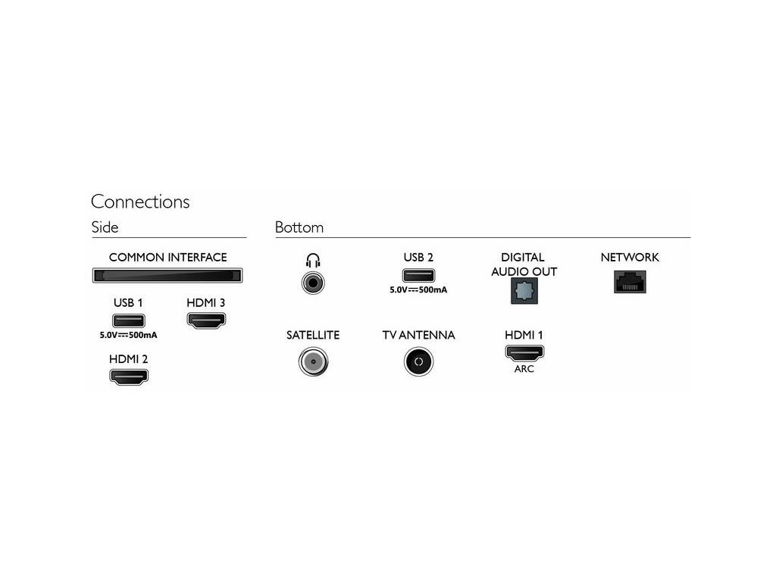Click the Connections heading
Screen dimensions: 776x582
click(x=140, y=202)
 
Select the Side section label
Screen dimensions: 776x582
click(x=105, y=227)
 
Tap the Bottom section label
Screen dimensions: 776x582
click(x=299, y=227)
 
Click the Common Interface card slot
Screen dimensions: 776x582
click(x=167, y=277)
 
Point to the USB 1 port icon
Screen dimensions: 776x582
click(x=128, y=321)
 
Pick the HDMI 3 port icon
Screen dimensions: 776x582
click(x=205, y=321)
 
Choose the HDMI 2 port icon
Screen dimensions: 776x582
click(x=129, y=376)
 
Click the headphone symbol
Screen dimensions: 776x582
click(x=312, y=261)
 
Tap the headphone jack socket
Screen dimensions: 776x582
click(x=312, y=284)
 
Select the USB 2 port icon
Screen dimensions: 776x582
click(x=418, y=276)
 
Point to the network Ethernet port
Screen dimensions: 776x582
click(x=629, y=282)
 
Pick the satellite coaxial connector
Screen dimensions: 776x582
click(x=312, y=362)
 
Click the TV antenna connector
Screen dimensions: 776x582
click(x=418, y=362)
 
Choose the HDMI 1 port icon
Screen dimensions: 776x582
click(x=524, y=353)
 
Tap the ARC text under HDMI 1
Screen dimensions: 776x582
click(x=524, y=369)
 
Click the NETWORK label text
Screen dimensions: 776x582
click(x=630, y=258)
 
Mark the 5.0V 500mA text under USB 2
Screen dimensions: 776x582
click(x=418, y=289)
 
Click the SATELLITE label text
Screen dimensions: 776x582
click(x=312, y=335)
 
